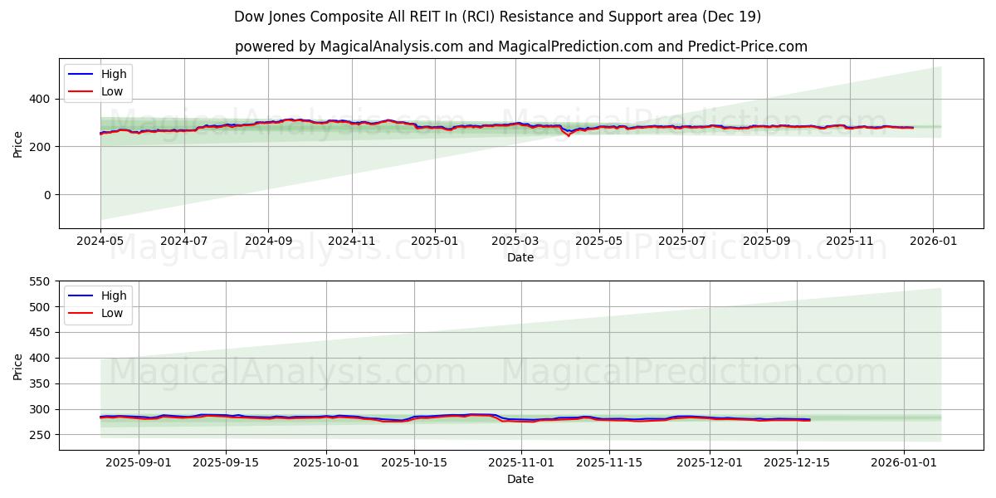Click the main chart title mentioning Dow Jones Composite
pyautogui.click(x=497, y=17)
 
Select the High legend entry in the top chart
pyautogui.click(x=114, y=74)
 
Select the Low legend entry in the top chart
pyautogui.click(x=112, y=91)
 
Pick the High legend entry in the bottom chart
pyautogui.click(x=114, y=295)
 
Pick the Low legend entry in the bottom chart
pyautogui.click(x=112, y=313)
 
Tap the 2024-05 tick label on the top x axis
pyautogui.click(x=100, y=242)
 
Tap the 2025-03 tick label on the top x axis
pyautogui.click(x=515, y=242)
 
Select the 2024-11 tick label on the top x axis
pyautogui.click(x=352, y=242)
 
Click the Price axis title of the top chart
pyautogui.click(x=18, y=144)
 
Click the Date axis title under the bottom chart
pyautogui.click(x=520, y=479)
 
